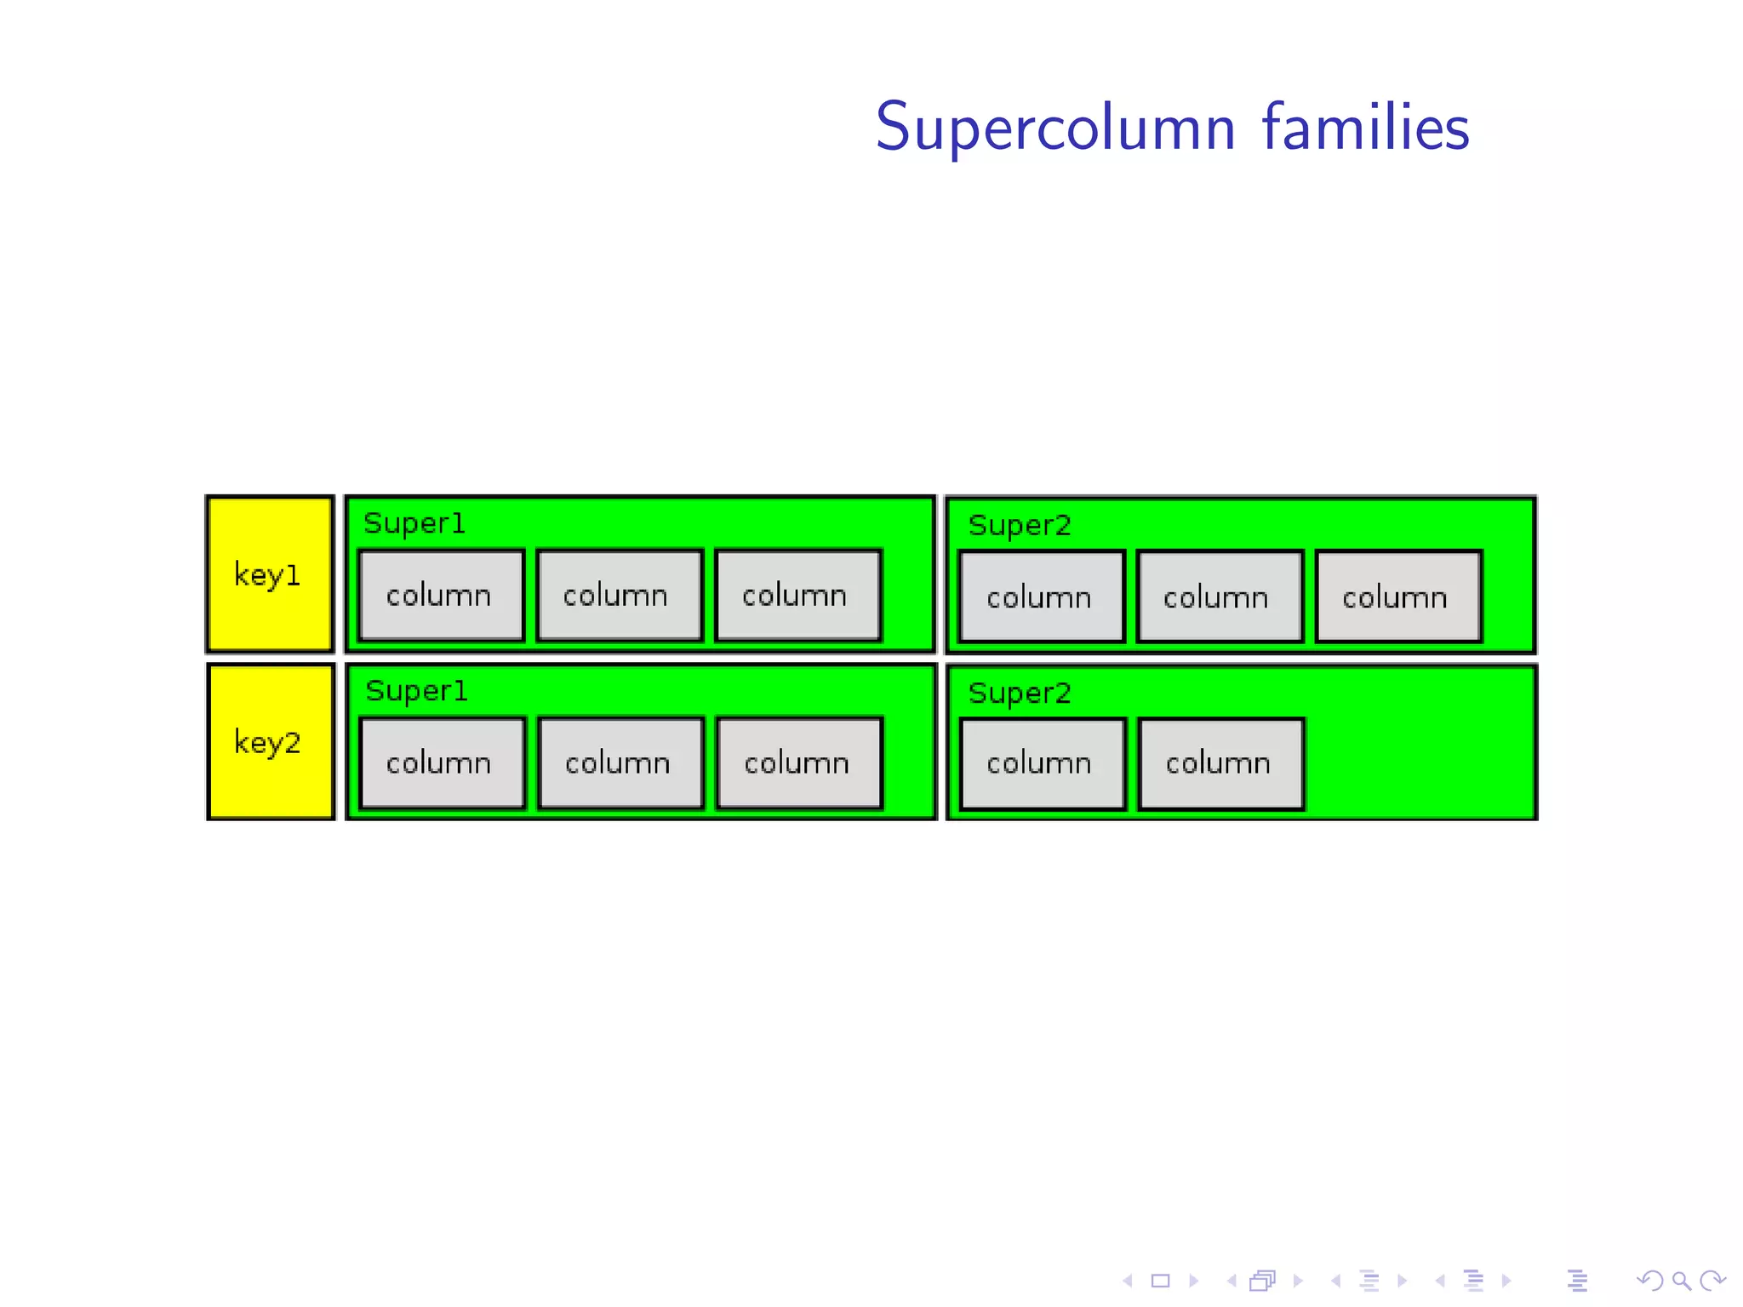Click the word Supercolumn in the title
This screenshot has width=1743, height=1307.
pyautogui.click(x=1055, y=128)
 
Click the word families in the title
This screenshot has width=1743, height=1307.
pyautogui.click(x=1365, y=128)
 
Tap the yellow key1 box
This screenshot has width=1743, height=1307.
pyautogui.click(x=270, y=574)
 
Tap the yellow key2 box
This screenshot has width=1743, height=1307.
pyautogui.click(x=270, y=742)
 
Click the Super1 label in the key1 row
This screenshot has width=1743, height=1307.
pyautogui.click(x=414, y=523)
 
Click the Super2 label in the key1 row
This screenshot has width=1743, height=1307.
pyautogui.click(x=1020, y=526)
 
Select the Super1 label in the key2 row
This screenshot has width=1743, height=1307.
pyautogui.click(x=416, y=691)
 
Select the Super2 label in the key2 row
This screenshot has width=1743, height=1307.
pyautogui.click(x=1020, y=693)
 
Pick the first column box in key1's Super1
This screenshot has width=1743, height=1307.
pyautogui.click(x=441, y=595)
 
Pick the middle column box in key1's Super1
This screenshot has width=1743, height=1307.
pyautogui.click(x=619, y=595)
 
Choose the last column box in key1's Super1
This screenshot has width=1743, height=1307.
pyautogui.click(x=797, y=595)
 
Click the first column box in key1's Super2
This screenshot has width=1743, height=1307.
pyautogui.click(x=1041, y=596)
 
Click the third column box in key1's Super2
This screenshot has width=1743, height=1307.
pyautogui.click(x=1397, y=596)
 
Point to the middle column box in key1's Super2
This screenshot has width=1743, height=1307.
pyautogui.click(x=1219, y=596)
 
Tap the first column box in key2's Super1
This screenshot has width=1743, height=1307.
pyautogui.click(x=442, y=762)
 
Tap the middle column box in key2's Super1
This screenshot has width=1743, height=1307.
pyautogui.click(x=620, y=762)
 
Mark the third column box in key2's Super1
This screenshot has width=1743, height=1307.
pyautogui.click(x=799, y=762)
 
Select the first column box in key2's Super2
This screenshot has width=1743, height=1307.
pyautogui.click(x=1042, y=763)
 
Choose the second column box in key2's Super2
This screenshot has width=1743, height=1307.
pyautogui.click(x=1220, y=763)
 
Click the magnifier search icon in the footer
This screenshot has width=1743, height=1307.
pyautogui.click(x=1681, y=1281)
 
